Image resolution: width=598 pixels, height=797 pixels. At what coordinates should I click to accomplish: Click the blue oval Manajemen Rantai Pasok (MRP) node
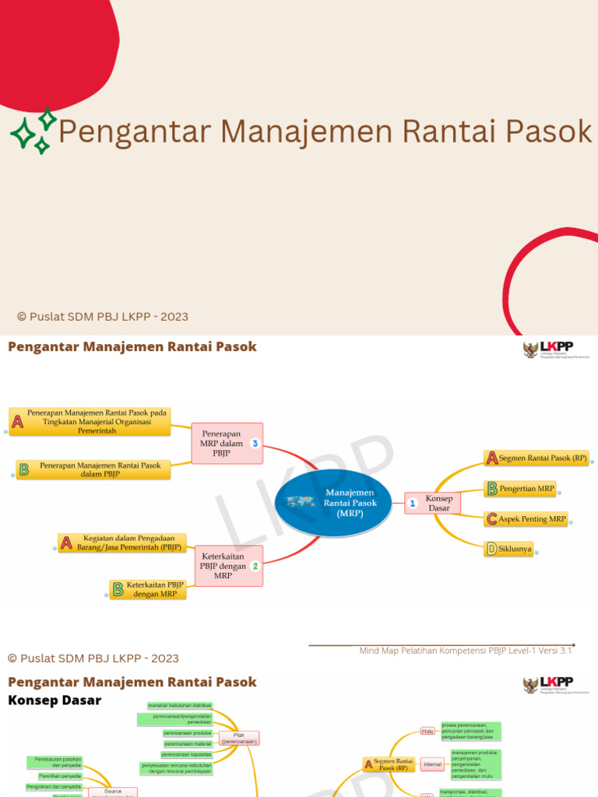[x=339, y=503]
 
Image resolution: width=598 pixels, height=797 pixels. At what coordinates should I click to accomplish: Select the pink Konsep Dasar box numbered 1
[x=433, y=503]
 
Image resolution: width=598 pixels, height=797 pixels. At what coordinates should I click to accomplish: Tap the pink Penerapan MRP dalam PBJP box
[x=227, y=444]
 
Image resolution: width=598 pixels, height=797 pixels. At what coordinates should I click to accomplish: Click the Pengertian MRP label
[x=527, y=489]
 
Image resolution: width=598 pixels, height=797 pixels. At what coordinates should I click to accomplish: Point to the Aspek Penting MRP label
[x=533, y=518]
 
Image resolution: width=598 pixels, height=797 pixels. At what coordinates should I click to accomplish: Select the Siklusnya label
[x=515, y=549]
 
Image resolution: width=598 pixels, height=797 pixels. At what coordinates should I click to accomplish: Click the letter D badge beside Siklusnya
[x=491, y=549]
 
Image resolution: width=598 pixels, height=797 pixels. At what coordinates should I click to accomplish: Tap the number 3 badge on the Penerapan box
[x=254, y=444]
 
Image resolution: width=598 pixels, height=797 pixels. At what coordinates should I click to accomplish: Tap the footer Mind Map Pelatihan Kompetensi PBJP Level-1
[x=465, y=651]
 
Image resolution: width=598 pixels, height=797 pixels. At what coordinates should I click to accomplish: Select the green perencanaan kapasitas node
[x=187, y=754]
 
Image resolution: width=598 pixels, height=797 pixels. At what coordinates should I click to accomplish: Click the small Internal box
[x=432, y=764]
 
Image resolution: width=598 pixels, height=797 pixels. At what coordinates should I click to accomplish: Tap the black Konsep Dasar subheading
[x=55, y=700]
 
